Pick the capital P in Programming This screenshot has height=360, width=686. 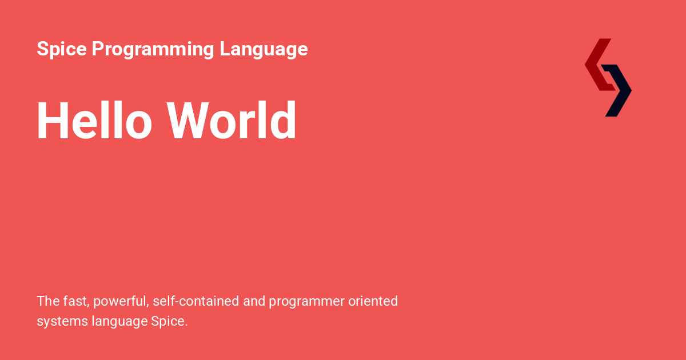(x=97, y=49)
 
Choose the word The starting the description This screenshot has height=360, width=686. (x=48, y=301)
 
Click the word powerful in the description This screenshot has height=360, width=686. (x=119, y=301)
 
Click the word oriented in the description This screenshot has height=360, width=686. (x=373, y=301)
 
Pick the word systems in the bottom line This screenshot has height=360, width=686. (x=62, y=322)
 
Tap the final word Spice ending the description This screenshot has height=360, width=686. (x=169, y=322)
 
